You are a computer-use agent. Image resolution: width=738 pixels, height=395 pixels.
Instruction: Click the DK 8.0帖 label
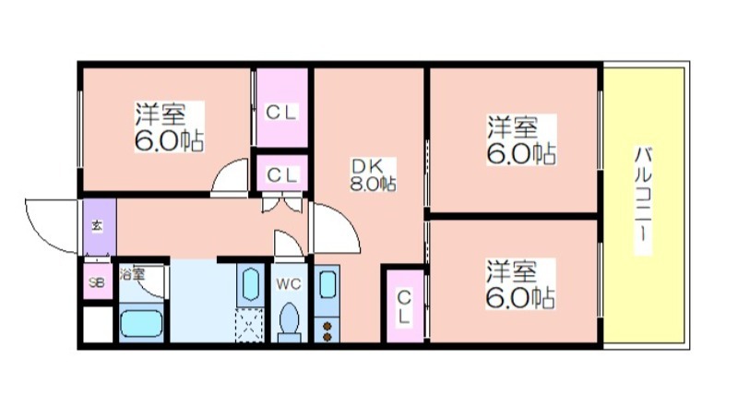click(373, 174)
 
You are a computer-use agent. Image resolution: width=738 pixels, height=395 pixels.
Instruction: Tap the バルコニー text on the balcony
click(643, 200)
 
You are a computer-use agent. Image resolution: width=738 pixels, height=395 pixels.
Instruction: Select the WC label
click(289, 284)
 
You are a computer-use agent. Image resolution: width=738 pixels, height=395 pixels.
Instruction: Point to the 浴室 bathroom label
click(132, 274)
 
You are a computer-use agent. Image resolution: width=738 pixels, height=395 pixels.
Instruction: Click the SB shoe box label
click(97, 282)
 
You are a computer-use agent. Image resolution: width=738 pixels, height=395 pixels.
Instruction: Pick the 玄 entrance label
click(96, 226)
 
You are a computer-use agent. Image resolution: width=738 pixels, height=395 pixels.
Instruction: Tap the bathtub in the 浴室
click(141, 323)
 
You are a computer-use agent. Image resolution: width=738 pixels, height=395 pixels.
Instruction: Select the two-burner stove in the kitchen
click(327, 330)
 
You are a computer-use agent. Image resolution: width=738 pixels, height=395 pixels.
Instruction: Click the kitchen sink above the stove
click(327, 290)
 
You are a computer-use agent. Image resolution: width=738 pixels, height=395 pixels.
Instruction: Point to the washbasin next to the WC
click(250, 285)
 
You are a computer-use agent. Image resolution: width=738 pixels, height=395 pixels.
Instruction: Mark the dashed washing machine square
click(250, 325)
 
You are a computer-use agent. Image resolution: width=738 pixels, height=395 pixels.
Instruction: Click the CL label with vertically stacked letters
click(403, 307)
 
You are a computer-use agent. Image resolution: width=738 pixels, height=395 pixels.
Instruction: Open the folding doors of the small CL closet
click(281, 202)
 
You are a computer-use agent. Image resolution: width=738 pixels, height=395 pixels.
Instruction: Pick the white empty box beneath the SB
click(98, 325)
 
